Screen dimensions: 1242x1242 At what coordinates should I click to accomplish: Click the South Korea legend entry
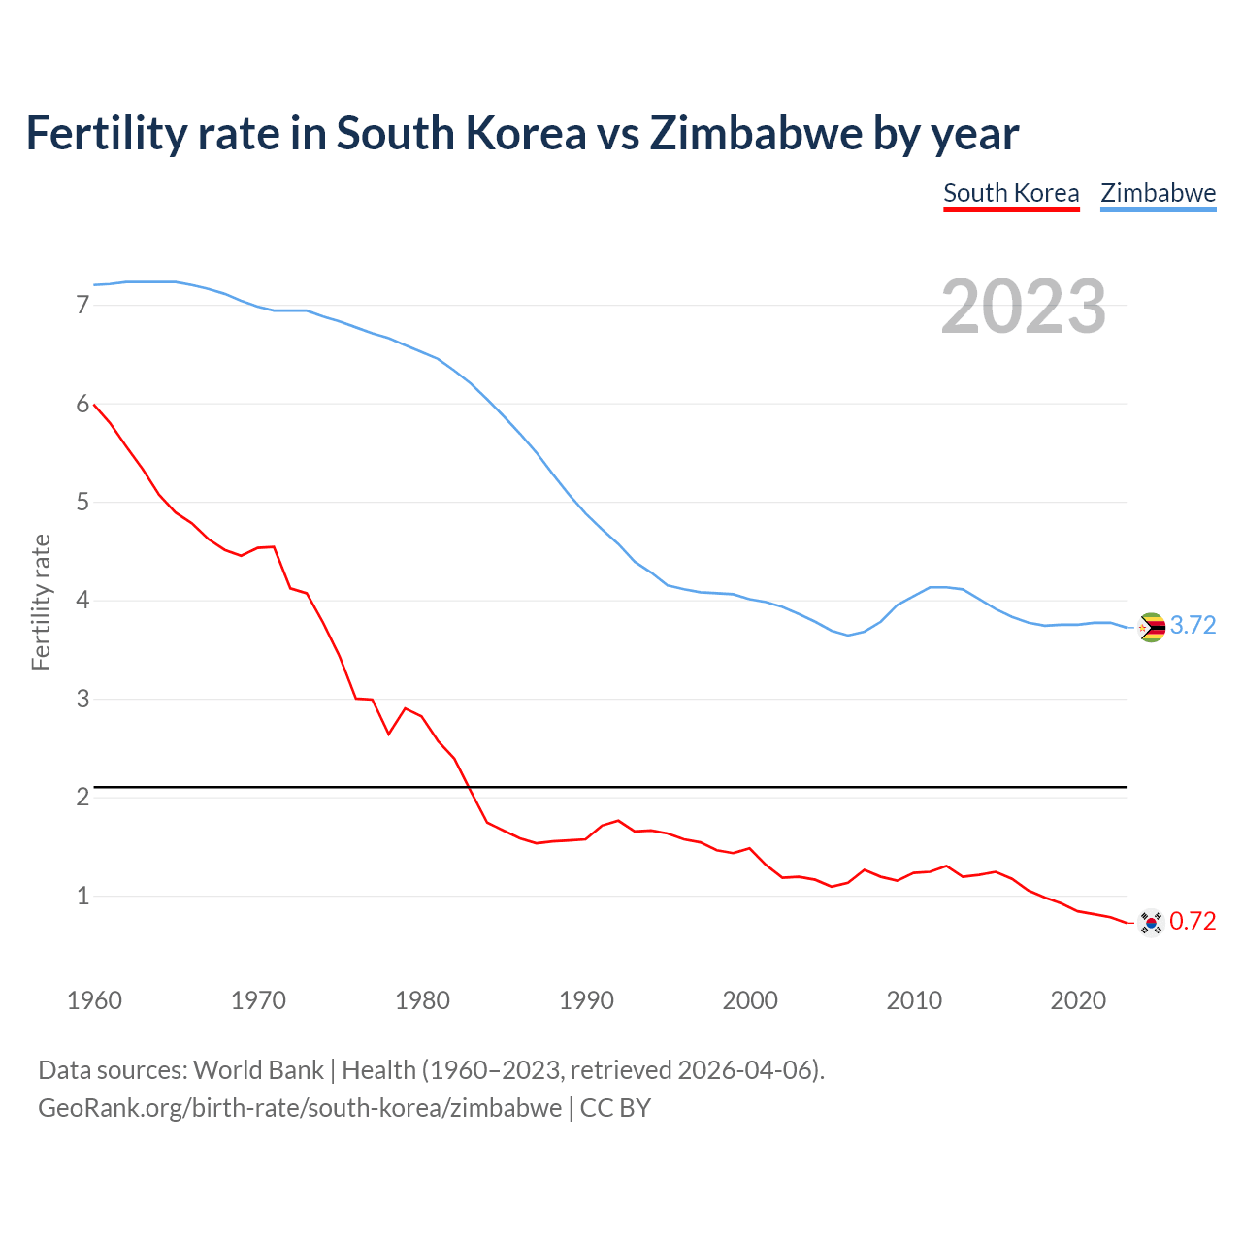(1011, 193)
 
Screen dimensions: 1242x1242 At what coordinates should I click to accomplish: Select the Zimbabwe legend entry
(1158, 193)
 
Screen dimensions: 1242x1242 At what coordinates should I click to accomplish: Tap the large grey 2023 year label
(1024, 307)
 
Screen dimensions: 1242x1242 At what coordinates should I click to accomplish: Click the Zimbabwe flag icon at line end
(1151, 628)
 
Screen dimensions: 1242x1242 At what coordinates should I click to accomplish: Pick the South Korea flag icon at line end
(1151, 922)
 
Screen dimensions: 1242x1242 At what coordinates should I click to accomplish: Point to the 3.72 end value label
(1193, 626)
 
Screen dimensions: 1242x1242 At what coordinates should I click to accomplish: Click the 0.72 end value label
(1193, 921)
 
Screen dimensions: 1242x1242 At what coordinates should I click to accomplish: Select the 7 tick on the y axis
(82, 306)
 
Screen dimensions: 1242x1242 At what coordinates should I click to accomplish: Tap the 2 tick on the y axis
(82, 798)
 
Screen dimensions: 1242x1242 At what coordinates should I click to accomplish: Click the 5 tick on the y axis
(82, 503)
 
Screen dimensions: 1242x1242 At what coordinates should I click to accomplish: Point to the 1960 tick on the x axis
(94, 1000)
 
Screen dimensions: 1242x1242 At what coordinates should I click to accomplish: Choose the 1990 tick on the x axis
(586, 1000)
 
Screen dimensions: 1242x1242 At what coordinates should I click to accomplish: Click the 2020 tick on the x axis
(1078, 1000)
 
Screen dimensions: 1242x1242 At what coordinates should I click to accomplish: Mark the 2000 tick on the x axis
(750, 1000)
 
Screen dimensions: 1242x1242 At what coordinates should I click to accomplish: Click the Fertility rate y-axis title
(41, 602)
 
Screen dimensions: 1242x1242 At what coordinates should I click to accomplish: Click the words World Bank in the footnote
(258, 1070)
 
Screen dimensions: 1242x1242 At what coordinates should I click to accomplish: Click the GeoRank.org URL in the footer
(300, 1108)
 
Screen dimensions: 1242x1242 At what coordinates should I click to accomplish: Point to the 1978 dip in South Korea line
(389, 734)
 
